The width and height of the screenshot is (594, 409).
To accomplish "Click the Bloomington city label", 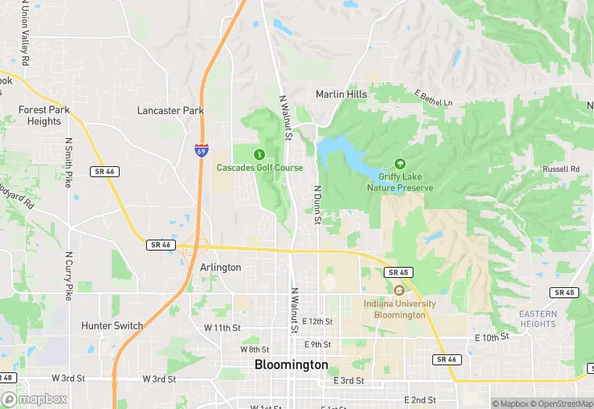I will [291, 365].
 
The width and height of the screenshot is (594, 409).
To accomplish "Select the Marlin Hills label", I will [341, 94].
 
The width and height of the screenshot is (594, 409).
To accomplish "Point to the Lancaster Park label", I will [170, 111].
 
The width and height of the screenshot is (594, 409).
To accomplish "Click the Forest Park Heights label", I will [44, 116].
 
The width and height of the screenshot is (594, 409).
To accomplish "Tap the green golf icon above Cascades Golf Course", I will [259, 153].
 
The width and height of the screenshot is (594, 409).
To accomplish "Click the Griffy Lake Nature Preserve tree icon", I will [400, 164].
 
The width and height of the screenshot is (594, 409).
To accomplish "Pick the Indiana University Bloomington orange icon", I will [398, 290].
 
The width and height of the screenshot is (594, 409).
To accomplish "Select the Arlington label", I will [220, 267].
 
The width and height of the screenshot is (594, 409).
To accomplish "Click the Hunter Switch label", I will [113, 325].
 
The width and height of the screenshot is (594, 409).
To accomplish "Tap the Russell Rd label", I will [561, 169].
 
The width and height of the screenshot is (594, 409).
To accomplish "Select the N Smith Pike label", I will [69, 163].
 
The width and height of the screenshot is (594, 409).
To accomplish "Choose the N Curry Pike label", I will [69, 276].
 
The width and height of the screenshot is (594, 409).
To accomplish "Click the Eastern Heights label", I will [538, 318].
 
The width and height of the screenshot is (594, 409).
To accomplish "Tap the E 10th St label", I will [492, 336].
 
